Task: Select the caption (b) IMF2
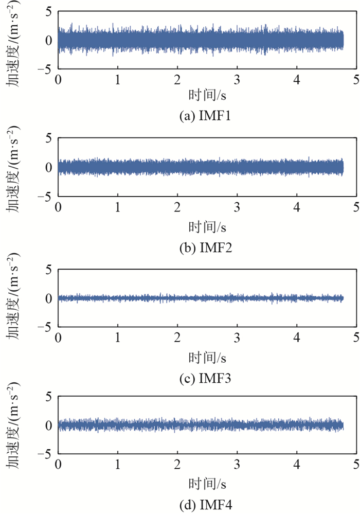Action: click(x=206, y=248)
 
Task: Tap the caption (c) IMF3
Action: click(x=206, y=379)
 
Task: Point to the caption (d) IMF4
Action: click(x=206, y=506)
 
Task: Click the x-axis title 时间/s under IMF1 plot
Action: click(x=207, y=96)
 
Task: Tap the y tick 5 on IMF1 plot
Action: click(x=48, y=11)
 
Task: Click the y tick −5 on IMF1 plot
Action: click(x=46, y=68)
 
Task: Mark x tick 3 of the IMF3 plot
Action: click(x=237, y=339)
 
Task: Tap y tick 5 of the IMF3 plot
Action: click(x=48, y=270)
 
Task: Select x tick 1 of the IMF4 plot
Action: click(x=118, y=466)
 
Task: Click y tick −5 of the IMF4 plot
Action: click(x=46, y=454)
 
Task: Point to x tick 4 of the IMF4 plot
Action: click(x=297, y=466)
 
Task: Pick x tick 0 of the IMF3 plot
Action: click(x=58, y=339)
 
